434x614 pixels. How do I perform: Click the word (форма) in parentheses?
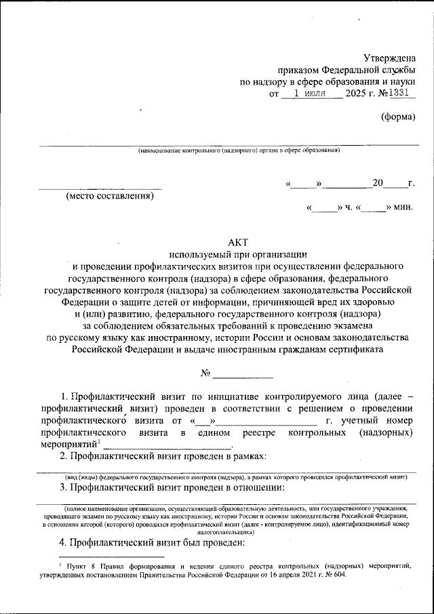[x=397, y=116]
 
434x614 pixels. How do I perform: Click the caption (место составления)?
[x=109, y=197]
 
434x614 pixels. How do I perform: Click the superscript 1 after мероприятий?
[x=99, y=442]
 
